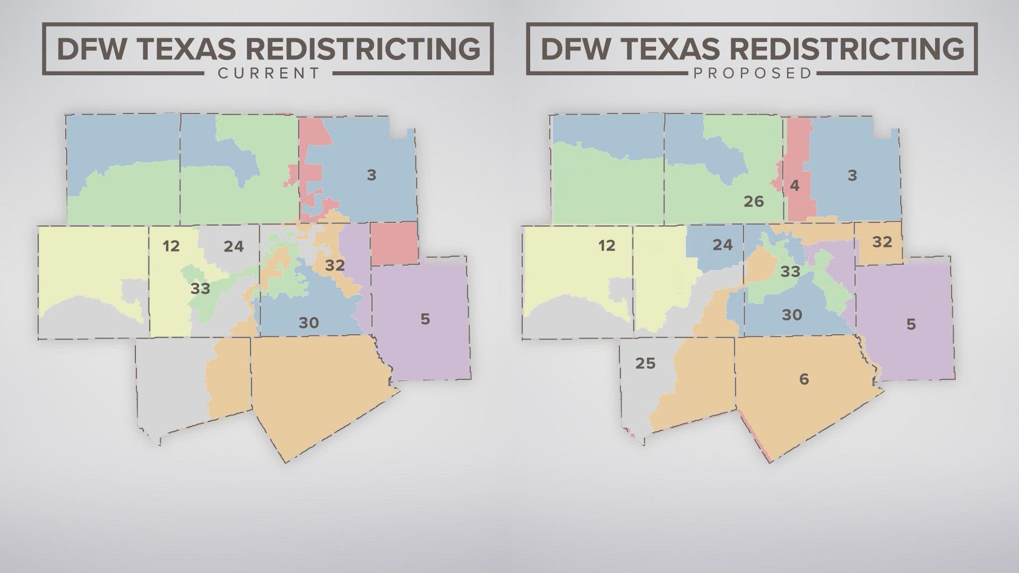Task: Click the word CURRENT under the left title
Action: (269, 73)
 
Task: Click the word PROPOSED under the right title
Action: (753, 73)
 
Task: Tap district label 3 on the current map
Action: (372, 175)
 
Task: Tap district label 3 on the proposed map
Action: (852, 176)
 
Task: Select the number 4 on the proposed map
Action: (795, 186)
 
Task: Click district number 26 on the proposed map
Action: (754, 202)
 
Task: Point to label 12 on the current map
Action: (171, 246)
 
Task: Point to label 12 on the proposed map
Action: (607, 246)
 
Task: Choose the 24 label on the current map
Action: (234, 246)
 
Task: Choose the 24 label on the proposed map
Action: (722, 245)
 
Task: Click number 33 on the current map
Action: (200, 289)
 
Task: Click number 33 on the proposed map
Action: (790, 272)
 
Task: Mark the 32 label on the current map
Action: (335, 265)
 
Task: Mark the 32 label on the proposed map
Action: (882, 242)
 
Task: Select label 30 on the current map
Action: (308, 323)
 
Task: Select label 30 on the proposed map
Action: (792, 315)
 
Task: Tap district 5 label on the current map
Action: (425, 319)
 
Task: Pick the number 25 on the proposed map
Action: (645, 363)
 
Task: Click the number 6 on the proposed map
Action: (804, 379)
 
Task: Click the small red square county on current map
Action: (394, 244)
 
